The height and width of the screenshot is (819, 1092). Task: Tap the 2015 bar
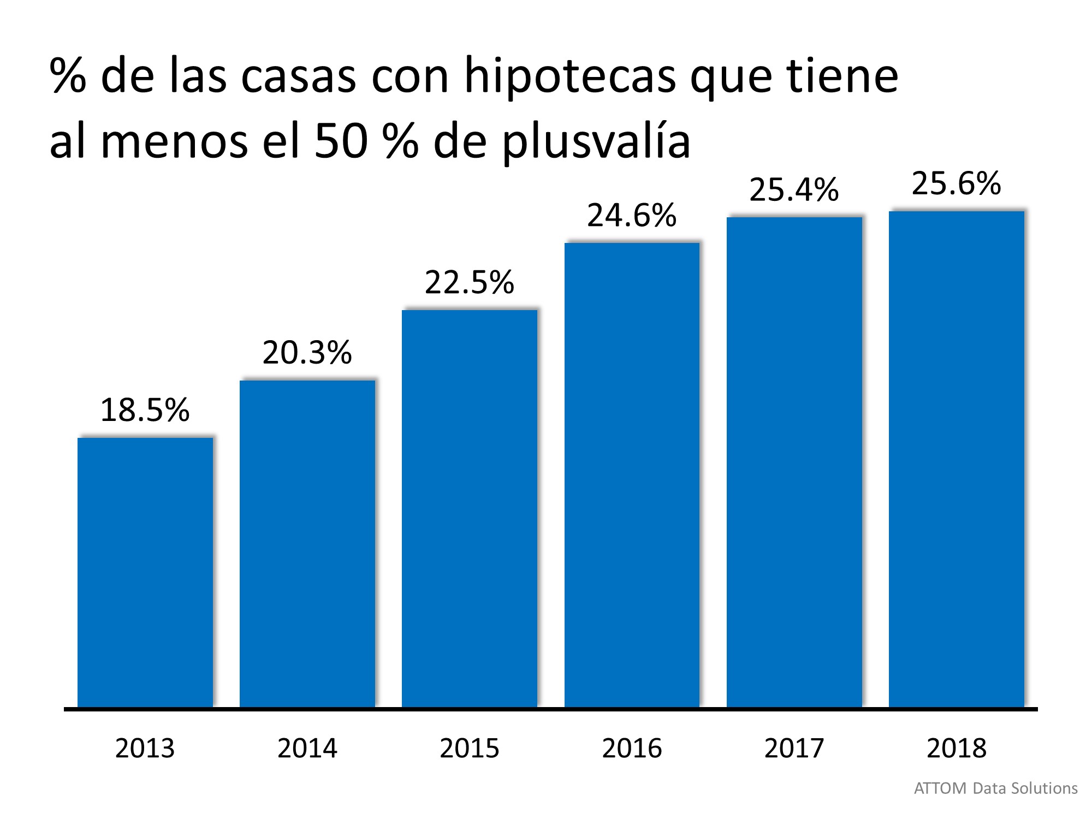click(470, 508)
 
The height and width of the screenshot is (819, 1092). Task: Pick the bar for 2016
click(632, 475)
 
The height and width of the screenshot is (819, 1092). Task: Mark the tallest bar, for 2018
click(956, 459)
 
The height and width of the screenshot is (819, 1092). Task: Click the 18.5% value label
click(145, 410)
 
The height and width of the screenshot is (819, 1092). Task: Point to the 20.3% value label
click(307, 353)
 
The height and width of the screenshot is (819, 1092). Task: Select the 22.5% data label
click(470, 282)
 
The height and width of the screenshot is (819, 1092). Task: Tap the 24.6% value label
click(632, 215)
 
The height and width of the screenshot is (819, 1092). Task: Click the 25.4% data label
click(794, 190)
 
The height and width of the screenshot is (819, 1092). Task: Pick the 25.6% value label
click(956, 183)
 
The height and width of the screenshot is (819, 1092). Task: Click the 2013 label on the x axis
click(145, 748)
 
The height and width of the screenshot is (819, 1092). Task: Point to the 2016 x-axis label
click(632, 748)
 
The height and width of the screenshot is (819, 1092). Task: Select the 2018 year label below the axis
click(956, 748)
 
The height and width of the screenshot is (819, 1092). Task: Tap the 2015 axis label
click(470, 748)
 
